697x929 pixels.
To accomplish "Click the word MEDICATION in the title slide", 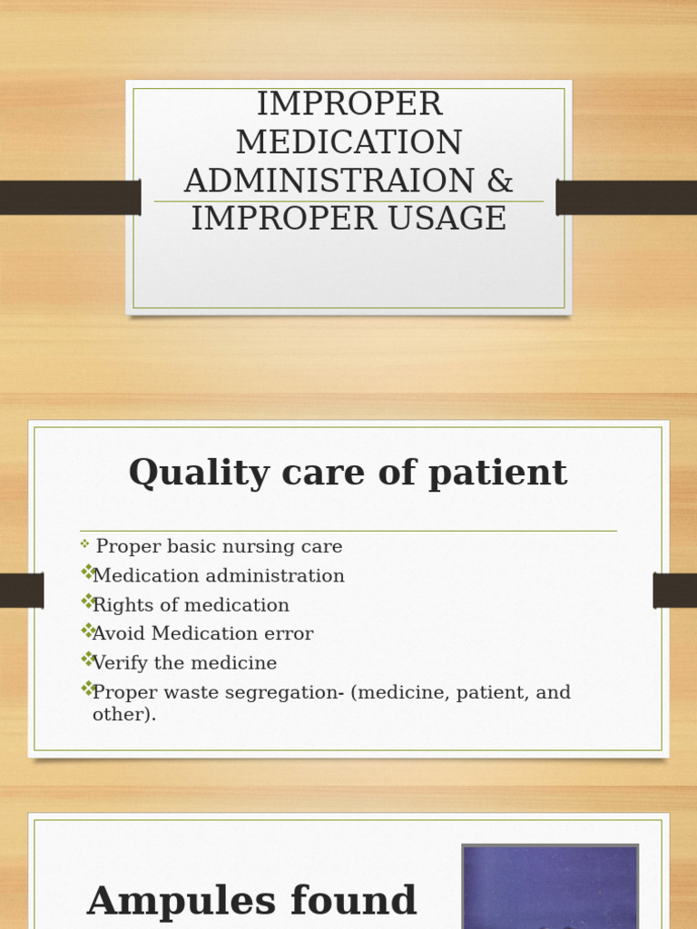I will (348, 142).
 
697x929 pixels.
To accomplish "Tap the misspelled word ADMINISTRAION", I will (329, 181).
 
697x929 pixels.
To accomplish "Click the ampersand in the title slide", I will (500, 181).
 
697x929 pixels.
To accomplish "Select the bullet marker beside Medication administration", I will (87, 572).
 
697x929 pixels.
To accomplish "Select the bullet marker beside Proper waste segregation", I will (87, 689).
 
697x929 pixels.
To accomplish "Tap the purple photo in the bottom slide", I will (549, 886).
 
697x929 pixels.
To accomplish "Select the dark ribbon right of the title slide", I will (626, 197).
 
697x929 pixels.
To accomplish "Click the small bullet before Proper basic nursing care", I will (84, 544).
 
